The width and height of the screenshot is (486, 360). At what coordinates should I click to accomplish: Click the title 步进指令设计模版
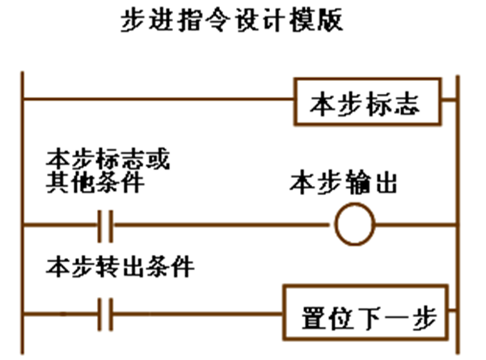233,21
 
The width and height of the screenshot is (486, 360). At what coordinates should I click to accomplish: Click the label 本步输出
343,184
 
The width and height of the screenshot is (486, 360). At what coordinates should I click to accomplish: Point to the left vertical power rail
23,210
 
